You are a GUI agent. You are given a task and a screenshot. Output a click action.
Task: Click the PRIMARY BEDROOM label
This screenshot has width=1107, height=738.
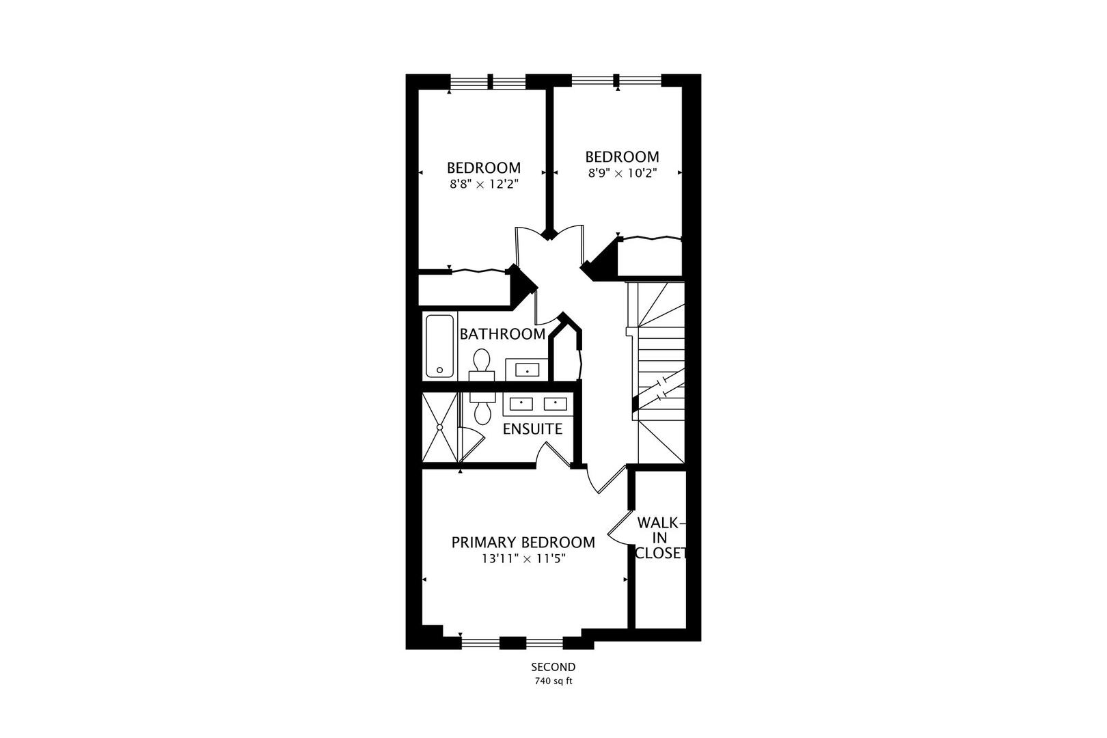coord(523,542)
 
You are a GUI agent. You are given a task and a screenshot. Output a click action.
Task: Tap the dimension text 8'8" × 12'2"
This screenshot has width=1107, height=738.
coord(484,184)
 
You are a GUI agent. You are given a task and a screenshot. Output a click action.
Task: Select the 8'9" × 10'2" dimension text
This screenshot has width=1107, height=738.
coord(622,174)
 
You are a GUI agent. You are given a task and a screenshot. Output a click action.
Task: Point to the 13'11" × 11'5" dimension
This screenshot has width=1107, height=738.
coord(523,559)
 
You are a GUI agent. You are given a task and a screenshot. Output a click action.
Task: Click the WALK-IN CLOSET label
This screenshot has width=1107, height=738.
coord(659,538)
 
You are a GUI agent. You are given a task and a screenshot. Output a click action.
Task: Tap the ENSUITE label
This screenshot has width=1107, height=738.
coord(532,429)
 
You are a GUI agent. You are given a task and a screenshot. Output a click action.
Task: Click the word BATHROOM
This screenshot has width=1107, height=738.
coord(502,334)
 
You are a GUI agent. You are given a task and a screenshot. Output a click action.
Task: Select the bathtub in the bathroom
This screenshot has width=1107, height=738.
coord(439,346)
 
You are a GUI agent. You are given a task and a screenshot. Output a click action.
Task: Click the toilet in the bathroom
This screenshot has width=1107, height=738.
coord(482,364)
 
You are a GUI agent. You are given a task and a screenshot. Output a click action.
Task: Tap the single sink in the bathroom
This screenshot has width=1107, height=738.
coord(527,370)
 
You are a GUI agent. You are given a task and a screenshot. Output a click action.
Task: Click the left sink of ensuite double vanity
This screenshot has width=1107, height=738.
coord(522,403)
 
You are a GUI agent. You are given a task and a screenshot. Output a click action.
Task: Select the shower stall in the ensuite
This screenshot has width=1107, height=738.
coord(439,427)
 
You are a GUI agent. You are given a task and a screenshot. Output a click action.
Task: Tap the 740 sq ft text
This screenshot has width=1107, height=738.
coord(553,681)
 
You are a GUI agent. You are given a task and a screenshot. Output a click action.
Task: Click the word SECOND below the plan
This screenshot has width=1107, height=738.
coord(553,667)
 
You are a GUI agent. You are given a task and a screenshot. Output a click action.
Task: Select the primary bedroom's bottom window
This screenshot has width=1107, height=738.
coord(512,642)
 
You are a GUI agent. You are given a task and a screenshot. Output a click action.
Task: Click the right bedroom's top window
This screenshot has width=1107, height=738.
coord(617,81)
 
